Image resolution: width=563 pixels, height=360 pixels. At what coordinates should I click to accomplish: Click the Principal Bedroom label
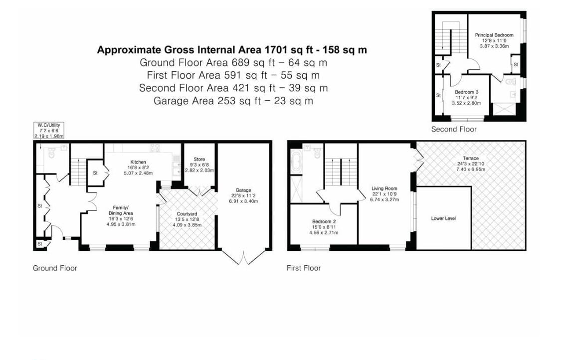coord(494,35)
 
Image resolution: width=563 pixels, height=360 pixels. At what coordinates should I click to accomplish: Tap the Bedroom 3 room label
coord(466,92)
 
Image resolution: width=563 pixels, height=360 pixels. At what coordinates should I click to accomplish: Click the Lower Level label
coord(443,218)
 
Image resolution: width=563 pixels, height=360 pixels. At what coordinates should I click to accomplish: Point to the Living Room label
coord(384,188)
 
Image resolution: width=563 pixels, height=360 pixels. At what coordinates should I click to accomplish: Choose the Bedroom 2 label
coord(324,221)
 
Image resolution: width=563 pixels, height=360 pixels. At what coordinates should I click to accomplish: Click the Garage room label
coord(243,190)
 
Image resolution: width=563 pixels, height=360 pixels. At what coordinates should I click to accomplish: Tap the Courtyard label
coord(188,213)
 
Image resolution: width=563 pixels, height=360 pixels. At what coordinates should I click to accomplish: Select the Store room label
coord(199,160)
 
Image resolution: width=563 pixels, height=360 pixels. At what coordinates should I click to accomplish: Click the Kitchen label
coord(138,162)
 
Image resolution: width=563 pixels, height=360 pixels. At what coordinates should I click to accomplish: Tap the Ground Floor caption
coord(55,268)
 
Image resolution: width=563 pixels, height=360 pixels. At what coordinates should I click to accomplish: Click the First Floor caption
coord(303,268)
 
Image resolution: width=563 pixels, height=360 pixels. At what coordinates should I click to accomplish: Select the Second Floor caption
coord(454,129)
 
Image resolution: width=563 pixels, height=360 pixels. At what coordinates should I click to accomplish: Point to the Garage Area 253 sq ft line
coord(233,101)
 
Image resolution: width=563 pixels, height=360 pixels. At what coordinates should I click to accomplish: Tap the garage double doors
coord(244,257)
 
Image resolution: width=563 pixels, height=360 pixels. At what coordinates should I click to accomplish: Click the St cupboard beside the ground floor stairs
coord(95,173)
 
